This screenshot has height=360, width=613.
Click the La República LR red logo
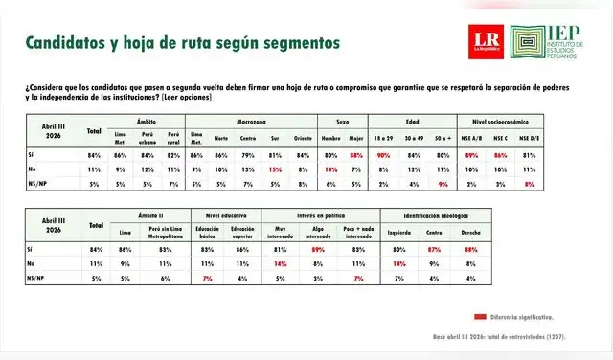click(483, 41)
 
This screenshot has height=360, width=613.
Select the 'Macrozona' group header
click(254, 123)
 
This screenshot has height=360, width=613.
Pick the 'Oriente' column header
click(303, 137)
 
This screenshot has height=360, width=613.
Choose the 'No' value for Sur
click(276, 169)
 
